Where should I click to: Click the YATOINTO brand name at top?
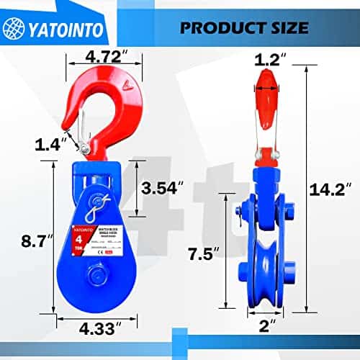(71, 28)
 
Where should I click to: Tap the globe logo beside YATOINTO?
(16, 27)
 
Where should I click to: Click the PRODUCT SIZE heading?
(244, 27)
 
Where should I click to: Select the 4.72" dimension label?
(107, 54)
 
